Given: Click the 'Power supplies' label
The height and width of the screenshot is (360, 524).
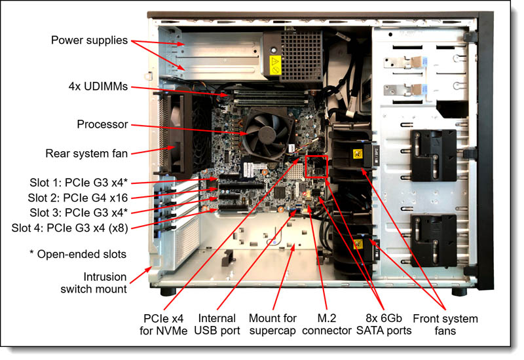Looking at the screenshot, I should click(x=89, y=40).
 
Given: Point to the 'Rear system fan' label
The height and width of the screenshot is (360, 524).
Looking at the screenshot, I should click(x=86, y=153).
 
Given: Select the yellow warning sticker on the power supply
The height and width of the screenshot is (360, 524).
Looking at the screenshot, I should click(x=275, y=65).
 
